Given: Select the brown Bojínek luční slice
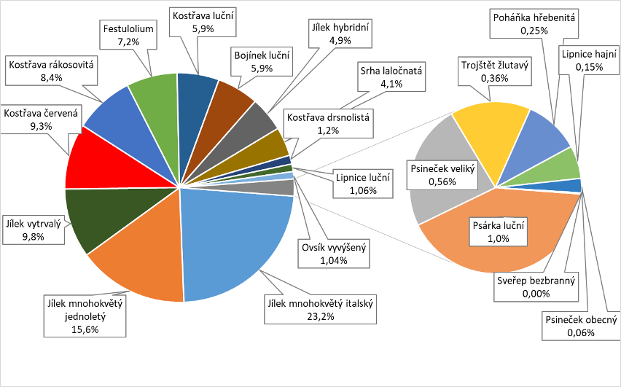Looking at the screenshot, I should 230,98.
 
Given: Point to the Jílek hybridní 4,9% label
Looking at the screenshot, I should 340,34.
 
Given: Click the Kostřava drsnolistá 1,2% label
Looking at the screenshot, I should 329,123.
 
